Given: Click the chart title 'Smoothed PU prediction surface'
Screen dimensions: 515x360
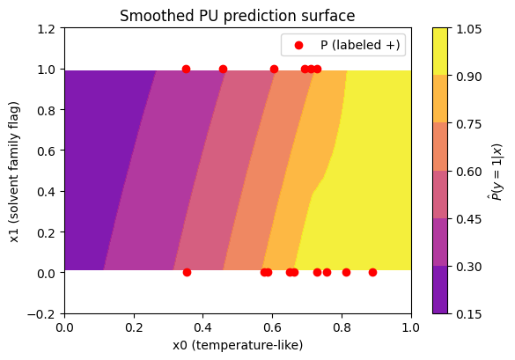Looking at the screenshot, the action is coord(237,16).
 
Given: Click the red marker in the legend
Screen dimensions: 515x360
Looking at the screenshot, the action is coord(298,45).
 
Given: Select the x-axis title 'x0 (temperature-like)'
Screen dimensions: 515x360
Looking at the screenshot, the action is coord(238,345).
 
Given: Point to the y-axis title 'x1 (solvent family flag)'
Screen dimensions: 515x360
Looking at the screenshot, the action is coord(15,173).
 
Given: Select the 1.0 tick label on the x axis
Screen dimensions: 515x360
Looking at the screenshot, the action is coord(411,327).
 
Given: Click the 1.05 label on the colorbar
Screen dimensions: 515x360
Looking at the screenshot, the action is coord(469,29).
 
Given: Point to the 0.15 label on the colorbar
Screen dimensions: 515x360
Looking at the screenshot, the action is coord(469,314).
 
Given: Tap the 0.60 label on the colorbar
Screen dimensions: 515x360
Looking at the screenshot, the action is coord(469,172).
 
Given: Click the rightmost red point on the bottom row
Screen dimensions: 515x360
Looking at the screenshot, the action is coord(372,272).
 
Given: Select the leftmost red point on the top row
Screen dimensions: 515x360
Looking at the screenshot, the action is coord(186,69).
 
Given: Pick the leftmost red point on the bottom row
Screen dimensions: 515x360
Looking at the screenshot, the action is coord(187,272).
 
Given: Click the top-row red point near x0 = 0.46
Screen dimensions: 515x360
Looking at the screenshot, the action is coord(223,69).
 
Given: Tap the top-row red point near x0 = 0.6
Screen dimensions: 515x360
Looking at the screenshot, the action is coord(274,69).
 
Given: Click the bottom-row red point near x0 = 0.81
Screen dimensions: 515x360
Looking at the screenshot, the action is coord(346,272).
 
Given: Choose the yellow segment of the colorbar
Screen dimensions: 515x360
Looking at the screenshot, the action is coord(440,52).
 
